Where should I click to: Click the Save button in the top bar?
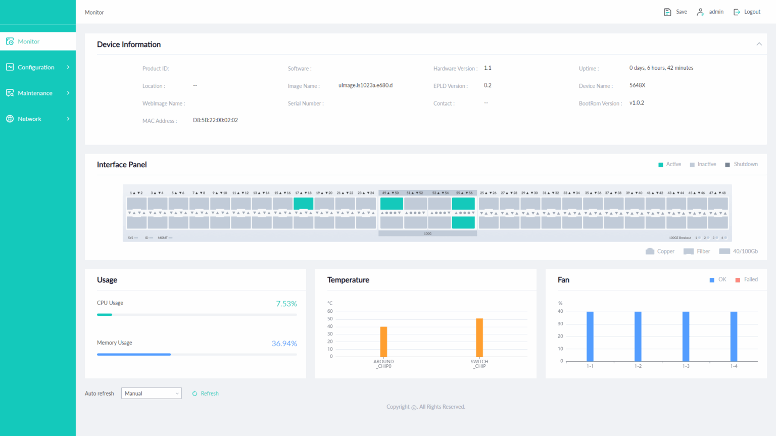[x=675, y=12]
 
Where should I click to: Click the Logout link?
[x=747, y=12]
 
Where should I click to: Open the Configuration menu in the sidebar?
[x=37, y=67]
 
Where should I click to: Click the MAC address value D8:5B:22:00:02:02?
[x=215, y=120]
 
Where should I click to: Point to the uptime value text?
[x=661, y=68]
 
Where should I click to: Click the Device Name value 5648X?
[x=637, y=85]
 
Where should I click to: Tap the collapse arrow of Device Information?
[x=759, y=44]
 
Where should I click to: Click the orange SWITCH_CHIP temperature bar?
[x=479, y=337]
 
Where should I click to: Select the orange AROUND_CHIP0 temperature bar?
[x=383, y=342]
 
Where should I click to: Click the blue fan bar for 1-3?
[x=686, y=336]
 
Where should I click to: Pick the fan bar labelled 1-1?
[x=590, y=336]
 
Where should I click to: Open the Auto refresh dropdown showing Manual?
[x=151, y=394]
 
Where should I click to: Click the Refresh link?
[x=206, y=394]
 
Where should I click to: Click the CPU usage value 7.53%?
[x=286, y=304]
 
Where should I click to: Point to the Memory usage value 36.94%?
[x=284, y=344]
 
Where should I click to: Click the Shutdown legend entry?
[x=742, y=164]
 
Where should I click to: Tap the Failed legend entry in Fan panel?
[x=747, y=279]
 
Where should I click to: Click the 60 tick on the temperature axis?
[x=330, y=311]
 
